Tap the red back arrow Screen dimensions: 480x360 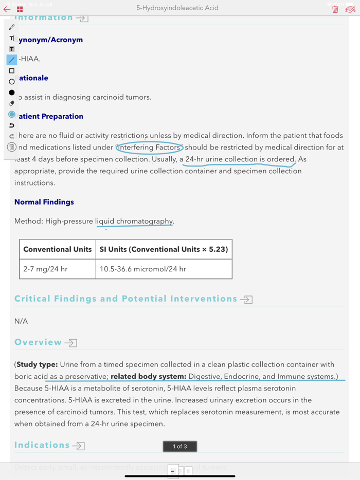7,9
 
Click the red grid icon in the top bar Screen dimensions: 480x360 20,9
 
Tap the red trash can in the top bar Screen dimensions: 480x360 335,9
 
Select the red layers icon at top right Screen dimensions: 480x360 350,9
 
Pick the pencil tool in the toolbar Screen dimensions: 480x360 12,27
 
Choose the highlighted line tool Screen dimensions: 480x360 12,60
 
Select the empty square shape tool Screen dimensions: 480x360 12,71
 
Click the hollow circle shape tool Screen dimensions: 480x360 12,82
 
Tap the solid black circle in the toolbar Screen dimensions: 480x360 12,93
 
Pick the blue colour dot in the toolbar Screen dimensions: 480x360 12,115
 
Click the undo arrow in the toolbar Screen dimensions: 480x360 12,125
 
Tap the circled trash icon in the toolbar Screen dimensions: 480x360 11,147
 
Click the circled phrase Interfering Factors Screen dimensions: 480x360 149,147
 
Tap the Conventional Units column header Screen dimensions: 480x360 57,249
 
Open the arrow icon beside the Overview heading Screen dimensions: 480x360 71,343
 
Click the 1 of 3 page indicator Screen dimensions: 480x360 180,446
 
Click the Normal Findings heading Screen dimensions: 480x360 44,202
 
